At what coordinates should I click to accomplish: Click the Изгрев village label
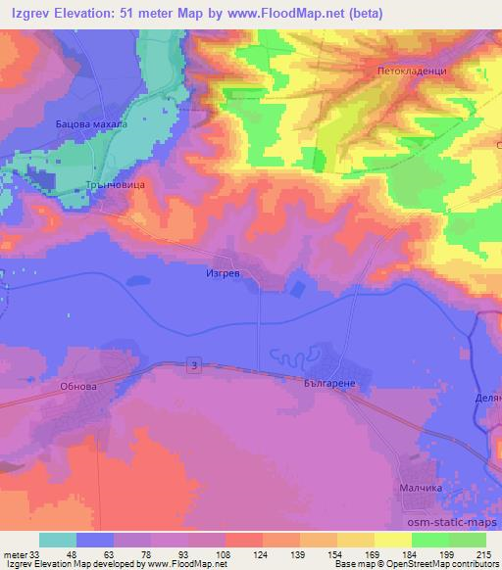click(x=223, y=275)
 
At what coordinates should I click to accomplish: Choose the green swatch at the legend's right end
click(x=468, y=541)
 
